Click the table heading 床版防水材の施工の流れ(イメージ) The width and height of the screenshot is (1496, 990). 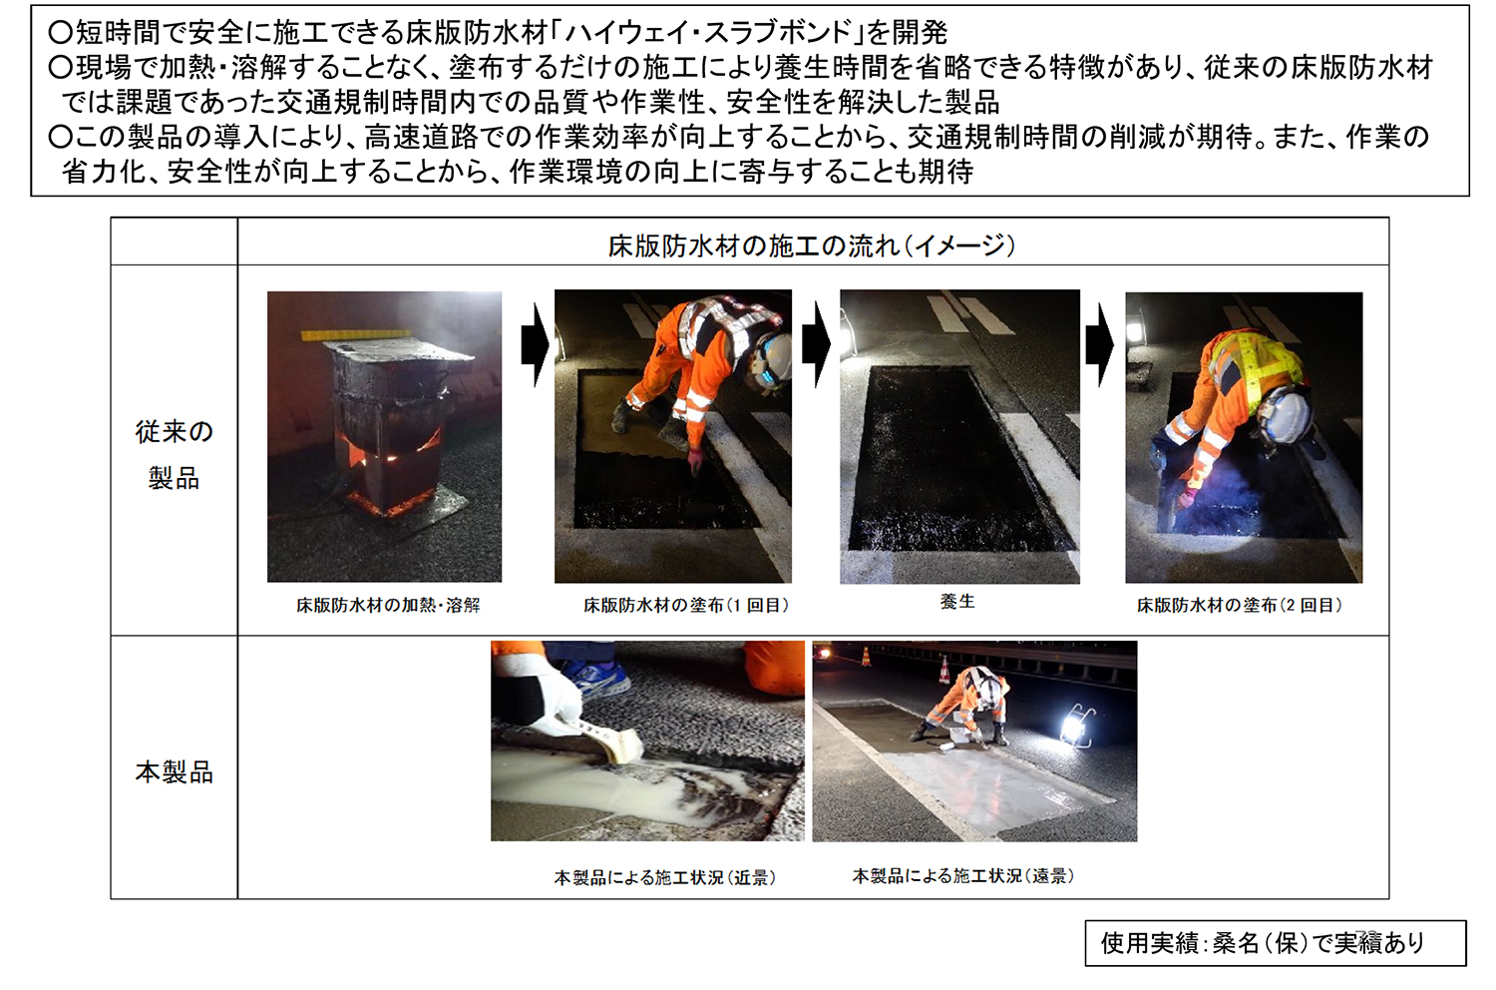pyautogui.click(x=812, y=246)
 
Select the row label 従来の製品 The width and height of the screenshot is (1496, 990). pyautogui.click(x=174, y=454)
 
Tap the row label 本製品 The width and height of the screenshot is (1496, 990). pyautogui.click(x=174, y=772)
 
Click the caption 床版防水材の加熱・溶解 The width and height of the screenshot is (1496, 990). pyautogui.click(x=388, y=605)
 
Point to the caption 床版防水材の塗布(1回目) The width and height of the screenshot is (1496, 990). pyautogui.click(x=686, y=605)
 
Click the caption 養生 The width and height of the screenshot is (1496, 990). pyautogui.click(x=957, y=601)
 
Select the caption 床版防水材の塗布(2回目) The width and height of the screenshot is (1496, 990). pyautogui.click(x=1240, y=605)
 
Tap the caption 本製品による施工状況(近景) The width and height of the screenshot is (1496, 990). pyautogui.click(x=665, y=877)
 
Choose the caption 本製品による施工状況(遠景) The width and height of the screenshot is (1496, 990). pyautogui.click(x=963, y=875)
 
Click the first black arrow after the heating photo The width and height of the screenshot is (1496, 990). pyautogui.click(x=535, y=345)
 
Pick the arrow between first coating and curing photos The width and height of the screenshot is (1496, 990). pyautogui.click(x=816, y=345)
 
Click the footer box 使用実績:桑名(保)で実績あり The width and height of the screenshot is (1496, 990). pyautogui.click(x=1276, y=942)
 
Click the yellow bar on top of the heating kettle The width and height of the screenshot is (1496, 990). pyautogui.click(x=355, y=333)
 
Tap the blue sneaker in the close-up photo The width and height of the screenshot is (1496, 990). pyautogui.click(x=596, y=677)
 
